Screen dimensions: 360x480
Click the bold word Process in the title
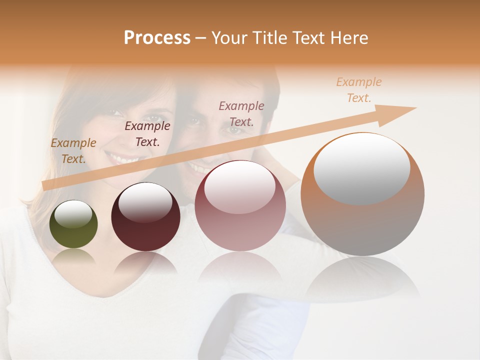point(157,38)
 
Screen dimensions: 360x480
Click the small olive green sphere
point(73,224)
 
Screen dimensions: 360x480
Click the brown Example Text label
point(73,151)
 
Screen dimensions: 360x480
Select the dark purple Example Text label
point(147,134)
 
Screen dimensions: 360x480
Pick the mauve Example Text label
point(241,113)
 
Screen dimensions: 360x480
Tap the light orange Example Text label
point(359,90)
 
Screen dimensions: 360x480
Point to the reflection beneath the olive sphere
point(73,256)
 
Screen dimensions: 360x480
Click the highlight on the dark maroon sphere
point(145,201)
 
